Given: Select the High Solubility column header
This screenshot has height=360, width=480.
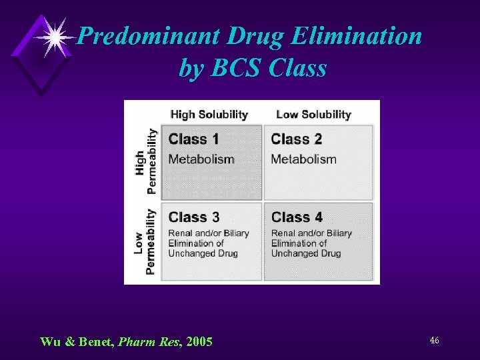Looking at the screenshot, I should click(209, 115).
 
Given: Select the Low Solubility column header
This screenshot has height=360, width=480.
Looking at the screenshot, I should click(313, 115).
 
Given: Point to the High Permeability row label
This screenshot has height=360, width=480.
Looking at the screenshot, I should click(146, 161).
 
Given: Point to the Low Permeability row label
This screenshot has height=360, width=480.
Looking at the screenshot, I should click(146, 241).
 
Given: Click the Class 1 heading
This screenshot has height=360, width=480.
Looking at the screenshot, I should click(194, 139).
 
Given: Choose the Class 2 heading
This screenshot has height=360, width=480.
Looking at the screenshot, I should click(297, 139).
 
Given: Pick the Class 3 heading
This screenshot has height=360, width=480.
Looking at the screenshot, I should click(194, 217).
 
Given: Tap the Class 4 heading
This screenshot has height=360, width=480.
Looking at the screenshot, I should click(297, 217).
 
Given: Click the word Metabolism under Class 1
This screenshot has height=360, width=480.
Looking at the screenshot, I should click(201, 159).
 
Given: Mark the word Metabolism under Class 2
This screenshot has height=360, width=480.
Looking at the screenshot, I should click(303, 159).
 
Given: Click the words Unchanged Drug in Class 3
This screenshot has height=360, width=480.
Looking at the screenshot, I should click(203, 253).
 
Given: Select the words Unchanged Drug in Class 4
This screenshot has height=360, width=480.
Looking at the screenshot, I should click(305, 253).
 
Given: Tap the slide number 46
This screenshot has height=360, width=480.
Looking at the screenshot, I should click(434, 341).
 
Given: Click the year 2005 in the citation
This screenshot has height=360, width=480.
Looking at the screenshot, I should click(200, 343).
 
